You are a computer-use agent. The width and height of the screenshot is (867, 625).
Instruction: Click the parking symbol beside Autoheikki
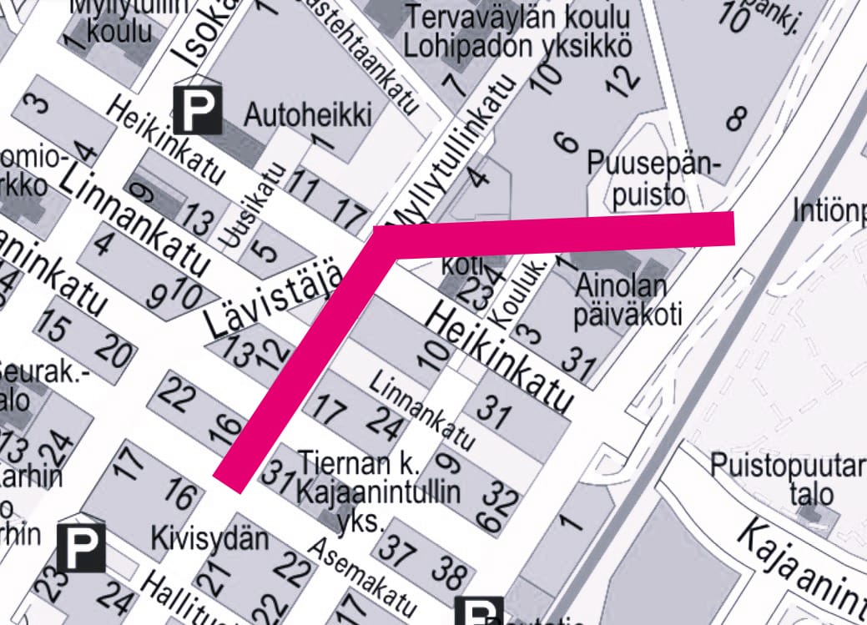click(x=198, y=109)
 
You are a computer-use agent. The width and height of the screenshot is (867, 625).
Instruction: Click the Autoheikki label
click(x=309, y=114)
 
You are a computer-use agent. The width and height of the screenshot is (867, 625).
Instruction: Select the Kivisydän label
click(x=209, y=539)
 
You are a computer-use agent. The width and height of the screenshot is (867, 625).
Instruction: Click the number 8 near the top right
click(x=735, y=118)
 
